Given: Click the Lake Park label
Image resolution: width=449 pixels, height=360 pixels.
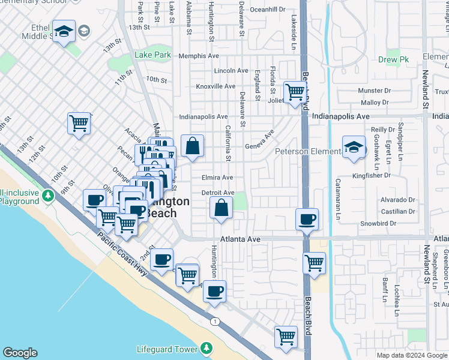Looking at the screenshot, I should (x=153, y=55).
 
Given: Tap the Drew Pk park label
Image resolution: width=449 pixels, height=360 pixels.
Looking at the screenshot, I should (x=393, y=59).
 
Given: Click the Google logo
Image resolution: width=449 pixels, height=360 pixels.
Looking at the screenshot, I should (x=19, y=353).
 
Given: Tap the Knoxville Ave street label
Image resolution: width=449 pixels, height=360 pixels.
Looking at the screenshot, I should (x=216, y=86).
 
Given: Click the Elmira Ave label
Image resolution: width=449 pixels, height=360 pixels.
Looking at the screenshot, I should (x=217, y=178).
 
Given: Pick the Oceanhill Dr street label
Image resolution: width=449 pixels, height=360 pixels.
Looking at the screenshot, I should (x=268, y=10).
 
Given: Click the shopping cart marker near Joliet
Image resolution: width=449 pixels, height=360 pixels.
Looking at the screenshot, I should (x=295, y=92).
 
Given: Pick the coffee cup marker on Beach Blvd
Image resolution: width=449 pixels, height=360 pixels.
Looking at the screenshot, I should (x=307, y=219).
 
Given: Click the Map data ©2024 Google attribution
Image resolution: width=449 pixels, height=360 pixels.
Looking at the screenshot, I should (x=411, y=355).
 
